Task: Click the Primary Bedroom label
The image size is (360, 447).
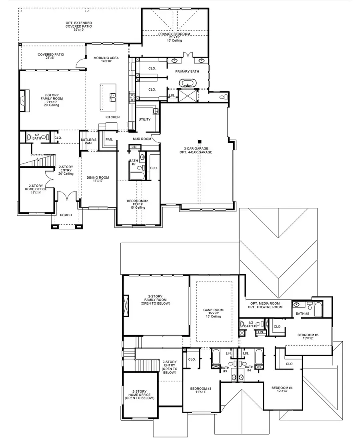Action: (x=174, y=34)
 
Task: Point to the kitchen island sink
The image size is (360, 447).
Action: (x=112, y=96)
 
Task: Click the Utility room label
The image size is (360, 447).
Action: (x=144, y=120)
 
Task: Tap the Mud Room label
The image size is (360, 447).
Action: (x=142, y=139)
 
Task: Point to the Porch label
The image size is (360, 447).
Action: (x=66, y=215)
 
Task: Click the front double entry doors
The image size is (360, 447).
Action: (x=66, y=197)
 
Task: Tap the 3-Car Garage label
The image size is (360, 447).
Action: (x=198, y=150)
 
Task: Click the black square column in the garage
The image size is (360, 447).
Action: (x=199, y=141)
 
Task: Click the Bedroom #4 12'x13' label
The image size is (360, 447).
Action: (x=282, y=390)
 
